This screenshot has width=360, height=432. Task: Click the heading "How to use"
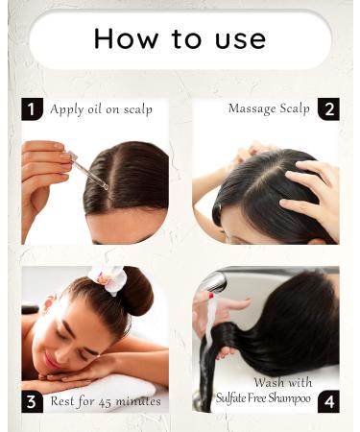coord(180,39)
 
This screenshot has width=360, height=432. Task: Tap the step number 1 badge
coord(33,108)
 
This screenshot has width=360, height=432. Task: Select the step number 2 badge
coord(327,108)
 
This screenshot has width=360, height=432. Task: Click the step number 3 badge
coord(33,400)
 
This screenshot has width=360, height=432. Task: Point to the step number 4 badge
coord(327,400)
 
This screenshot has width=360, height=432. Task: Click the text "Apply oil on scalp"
coord(101,109)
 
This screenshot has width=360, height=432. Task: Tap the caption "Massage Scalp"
coord(269,108)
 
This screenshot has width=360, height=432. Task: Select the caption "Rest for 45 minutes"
coord(106,400)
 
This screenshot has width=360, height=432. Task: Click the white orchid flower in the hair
coord(107,277)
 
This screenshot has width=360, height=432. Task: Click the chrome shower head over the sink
coord(215,282)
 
